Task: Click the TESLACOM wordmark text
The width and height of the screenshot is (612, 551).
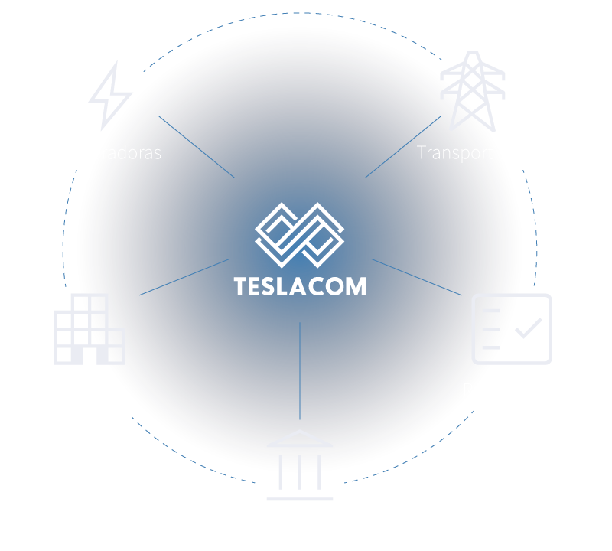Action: coord(300,286)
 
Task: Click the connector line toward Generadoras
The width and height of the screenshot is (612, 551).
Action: coord(197,147)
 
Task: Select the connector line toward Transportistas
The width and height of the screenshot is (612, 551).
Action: coord(403,147)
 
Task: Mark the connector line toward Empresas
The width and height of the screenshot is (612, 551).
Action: coord(184,277)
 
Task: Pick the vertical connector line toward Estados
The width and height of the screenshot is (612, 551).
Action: coord(300,371)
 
